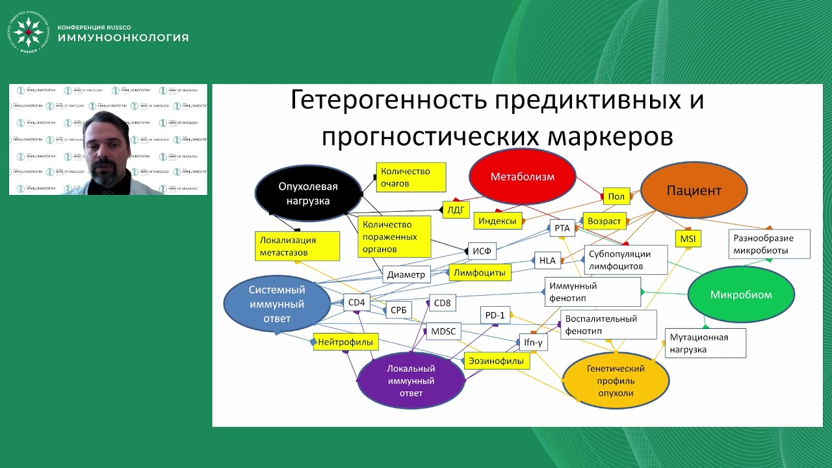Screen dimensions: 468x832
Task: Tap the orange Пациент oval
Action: point(694,191)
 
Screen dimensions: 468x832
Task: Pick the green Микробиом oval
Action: point(741,294)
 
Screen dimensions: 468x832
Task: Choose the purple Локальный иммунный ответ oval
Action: point(411,380)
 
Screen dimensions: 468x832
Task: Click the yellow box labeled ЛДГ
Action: point(456,209)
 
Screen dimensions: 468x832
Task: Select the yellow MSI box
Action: point(688,239)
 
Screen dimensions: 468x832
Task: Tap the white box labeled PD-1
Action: point(495,315)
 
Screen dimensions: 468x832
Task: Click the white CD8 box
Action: point(442,302)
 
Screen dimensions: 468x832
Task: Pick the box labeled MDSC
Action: point(444,331)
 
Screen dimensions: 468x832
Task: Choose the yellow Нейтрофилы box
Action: point(346,341)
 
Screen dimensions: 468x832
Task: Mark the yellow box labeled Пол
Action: point(616,196)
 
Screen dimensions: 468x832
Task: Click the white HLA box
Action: point(547,261)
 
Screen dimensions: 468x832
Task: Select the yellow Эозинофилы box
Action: point(497,361)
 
